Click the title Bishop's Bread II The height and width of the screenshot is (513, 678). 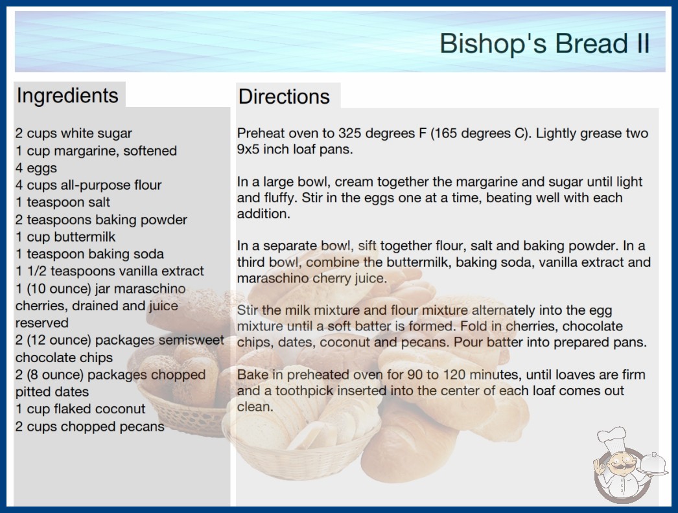544,43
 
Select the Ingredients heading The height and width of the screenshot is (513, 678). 67,96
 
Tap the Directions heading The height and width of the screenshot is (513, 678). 284,97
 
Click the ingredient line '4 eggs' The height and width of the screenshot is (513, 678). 36,168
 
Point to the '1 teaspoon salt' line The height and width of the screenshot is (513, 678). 63,202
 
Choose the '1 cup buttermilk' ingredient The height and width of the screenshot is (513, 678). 65,236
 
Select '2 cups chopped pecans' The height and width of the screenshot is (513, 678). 90,426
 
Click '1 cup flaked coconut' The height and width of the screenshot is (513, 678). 80,409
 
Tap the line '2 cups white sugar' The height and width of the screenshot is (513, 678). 73,133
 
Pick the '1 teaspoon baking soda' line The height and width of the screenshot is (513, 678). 89,254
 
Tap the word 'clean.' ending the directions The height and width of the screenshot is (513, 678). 255,407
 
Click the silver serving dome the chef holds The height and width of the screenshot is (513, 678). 653,464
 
